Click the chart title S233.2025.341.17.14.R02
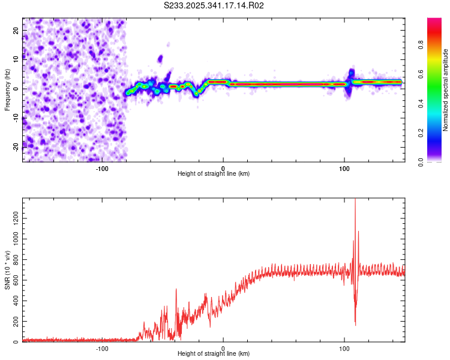214,5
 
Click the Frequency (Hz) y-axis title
7,89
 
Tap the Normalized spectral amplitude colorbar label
446,89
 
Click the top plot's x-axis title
214,174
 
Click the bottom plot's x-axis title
214,354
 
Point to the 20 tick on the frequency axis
16,30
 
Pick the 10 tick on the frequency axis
16,59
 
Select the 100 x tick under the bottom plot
344,348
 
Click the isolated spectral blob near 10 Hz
160,59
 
